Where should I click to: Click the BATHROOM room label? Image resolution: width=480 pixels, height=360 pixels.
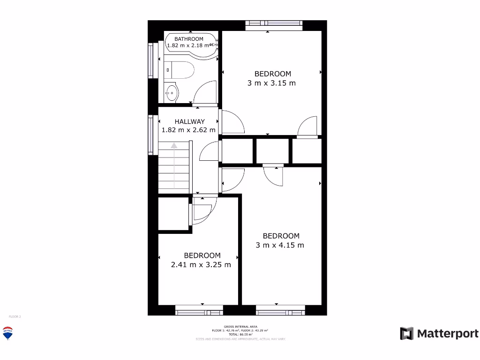click(x=189, y=39)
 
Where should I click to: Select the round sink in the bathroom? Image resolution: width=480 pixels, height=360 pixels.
click(x=172, y=92)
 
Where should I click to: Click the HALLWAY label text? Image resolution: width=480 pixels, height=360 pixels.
click(x=189, y=121)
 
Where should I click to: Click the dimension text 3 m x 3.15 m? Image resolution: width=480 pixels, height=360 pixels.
click(x=272, y=83)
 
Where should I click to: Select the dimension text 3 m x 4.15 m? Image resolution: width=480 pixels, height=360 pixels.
click(x=280, y=245)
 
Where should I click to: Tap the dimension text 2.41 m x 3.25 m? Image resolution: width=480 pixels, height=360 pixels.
click(x=201, y=264)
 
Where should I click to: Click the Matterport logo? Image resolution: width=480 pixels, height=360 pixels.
click(x=439, y=334)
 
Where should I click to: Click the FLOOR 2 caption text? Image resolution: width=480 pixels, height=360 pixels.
click(x=15, y=317)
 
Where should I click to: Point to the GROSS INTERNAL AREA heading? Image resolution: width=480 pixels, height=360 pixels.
click(x=240, y=326)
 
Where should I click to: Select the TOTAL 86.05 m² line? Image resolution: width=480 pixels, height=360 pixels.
click(x=240, y=334)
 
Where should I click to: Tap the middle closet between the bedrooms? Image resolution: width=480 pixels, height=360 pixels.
click(x=272, y=151)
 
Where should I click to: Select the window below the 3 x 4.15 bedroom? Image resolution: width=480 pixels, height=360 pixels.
click(x=280, y=310)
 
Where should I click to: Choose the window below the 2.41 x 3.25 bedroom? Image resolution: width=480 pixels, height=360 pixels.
click(x=199, y=310)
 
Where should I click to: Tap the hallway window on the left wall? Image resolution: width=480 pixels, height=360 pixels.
click(x=151, y=135)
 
